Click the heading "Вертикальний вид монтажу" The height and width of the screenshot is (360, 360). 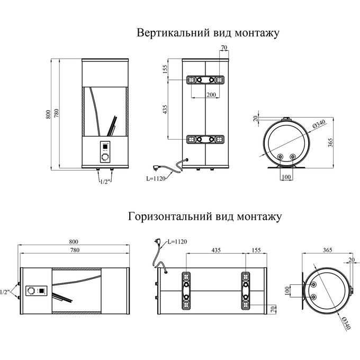click(x=208, y=33)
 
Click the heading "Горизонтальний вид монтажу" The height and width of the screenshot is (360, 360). click(x=204, y=217)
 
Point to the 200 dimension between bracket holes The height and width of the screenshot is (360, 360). click(x=211, y=94)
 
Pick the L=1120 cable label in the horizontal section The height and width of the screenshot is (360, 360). click(x=177, y=241)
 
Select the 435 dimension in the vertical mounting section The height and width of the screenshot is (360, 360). click(x=165, y=110)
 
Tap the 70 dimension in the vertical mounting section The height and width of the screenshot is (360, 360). click(x=223, y=48)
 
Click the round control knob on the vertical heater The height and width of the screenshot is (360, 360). click(x=105, y=157)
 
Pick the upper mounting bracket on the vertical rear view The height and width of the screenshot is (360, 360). click(x=205, y=80)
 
